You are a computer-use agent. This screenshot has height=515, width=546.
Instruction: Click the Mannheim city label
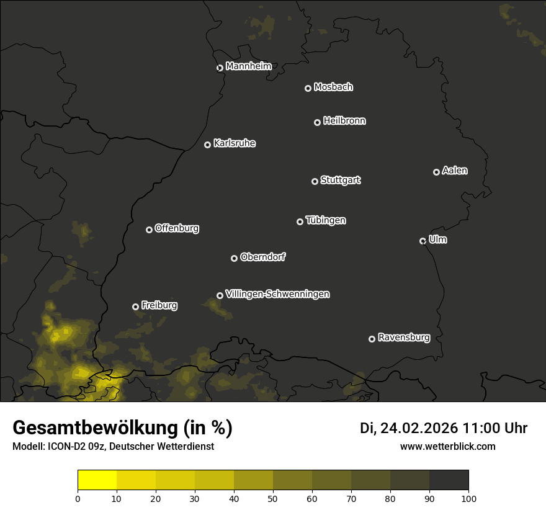click(x=248, y=66)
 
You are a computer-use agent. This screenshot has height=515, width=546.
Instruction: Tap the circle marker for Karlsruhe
click(x=207, y=145)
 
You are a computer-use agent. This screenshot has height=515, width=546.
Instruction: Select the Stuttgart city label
click(x=340, y=181)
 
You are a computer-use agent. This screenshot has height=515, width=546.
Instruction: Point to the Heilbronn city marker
click(x=317, y=122)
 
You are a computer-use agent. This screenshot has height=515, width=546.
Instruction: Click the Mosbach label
click(x=333, y=87)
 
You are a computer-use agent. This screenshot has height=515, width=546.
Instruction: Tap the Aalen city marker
click(x=436, y=172)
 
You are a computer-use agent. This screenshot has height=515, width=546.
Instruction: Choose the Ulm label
click(x=437, y=240)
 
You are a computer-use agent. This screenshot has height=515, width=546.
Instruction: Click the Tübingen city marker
click(x=300, y=222)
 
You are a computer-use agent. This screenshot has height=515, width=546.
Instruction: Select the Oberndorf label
click(x=262, y=257)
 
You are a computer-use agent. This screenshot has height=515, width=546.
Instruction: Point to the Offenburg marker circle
click(x=149, y=230)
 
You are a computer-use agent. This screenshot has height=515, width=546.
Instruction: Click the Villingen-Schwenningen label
click(x=277, y=294)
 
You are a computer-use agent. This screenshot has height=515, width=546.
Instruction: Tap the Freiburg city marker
click(x=135, y=307)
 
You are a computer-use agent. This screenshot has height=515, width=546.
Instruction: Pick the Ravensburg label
click(x=403, y=338)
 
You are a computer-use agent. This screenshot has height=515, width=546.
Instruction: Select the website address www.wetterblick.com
click(x=448, y=446)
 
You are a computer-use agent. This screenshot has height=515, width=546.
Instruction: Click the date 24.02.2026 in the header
click(x=419, y=428)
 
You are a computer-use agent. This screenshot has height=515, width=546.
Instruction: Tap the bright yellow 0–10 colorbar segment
click(x=97, y=480)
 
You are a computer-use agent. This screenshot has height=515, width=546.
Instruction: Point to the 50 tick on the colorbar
click(x=273, y=498)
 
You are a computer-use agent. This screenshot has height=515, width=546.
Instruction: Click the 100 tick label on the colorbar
click(x=468, y=498)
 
